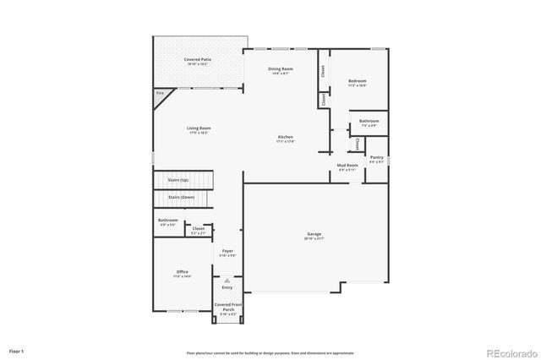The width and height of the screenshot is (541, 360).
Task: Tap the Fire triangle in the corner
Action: click(160, 97)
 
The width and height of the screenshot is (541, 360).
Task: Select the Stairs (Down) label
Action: click(182, 197)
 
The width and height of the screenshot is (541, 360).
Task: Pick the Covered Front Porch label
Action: click(227, 308)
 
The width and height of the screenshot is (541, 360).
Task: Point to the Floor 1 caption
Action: click(17, 350)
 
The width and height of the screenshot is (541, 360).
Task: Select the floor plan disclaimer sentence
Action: click(270, 352)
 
